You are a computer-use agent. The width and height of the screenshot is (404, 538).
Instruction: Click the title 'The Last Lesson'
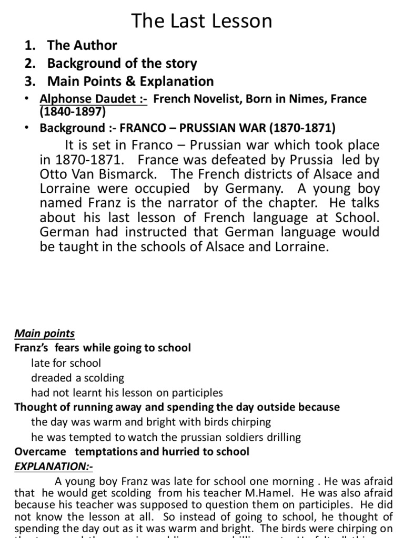point(202,20)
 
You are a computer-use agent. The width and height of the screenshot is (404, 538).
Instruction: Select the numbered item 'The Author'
point(82,45)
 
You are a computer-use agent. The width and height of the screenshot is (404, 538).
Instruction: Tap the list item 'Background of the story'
point(122,64)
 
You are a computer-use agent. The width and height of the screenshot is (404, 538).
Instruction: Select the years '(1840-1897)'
point(73,111)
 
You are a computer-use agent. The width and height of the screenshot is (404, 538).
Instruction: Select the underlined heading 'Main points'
point(44,334)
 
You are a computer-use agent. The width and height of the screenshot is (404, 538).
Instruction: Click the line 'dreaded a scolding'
point(77,378)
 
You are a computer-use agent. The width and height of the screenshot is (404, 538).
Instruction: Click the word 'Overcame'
point(41,452)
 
